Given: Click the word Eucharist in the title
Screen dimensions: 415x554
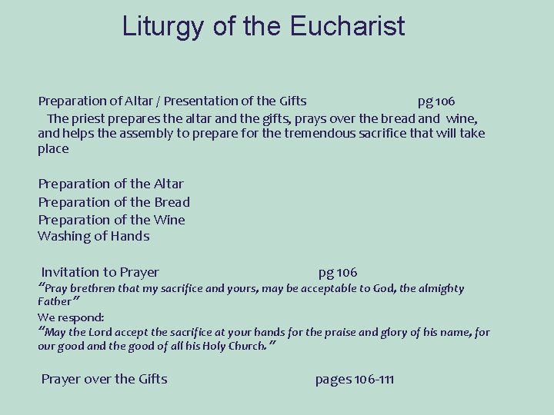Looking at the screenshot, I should [x=348, y=28].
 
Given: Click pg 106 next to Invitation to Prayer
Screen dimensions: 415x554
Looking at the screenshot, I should [x=338, y=272].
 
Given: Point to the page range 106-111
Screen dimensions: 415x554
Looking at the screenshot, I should [x=355, y=379].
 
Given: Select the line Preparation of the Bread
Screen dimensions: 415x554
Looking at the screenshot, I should [x=114, y=201].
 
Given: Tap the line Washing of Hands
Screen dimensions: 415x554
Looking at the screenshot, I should [x=93, y=236].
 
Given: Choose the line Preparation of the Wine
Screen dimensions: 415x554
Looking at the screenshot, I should [x=112, y=219].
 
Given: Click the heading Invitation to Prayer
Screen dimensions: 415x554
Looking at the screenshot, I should [x=100, y=272].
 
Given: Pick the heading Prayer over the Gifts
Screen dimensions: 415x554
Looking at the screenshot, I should [x=104, y=379].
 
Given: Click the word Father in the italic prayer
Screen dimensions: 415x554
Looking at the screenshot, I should [x=53, y=302].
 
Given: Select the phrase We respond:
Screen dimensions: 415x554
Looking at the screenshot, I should [x=71, y=317].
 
